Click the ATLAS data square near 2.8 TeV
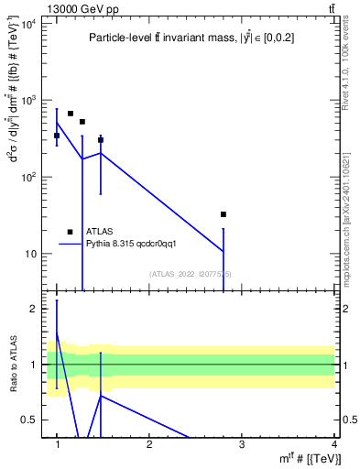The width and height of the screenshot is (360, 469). [224, 214]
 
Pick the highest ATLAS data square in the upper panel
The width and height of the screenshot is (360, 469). [71, 114]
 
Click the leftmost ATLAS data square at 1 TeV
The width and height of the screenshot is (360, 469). [57, 136]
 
